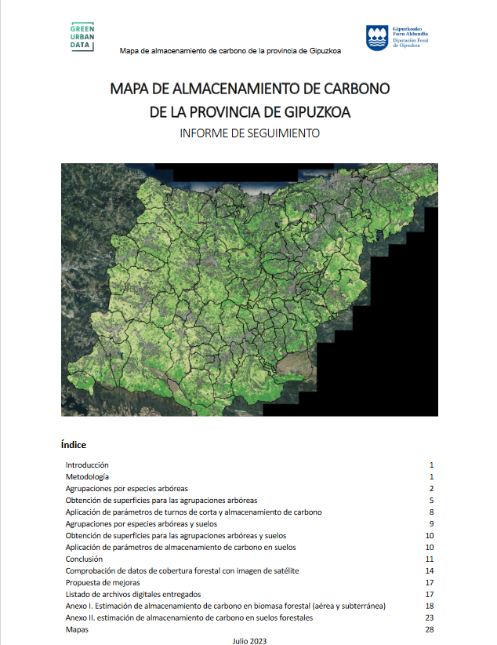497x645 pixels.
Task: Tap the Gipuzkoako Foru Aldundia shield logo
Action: point(375,37)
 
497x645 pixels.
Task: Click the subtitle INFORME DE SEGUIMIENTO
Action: point(249,133)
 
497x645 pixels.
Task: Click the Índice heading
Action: point(73,444)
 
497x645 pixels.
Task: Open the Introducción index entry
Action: point(87,465)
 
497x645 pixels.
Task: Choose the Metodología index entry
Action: point(87,477)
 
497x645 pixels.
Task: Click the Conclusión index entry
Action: point(84,559)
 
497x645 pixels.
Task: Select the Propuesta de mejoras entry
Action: point(103,583)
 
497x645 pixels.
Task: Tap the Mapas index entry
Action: point(77,629)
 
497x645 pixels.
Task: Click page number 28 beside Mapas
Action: point(429,629)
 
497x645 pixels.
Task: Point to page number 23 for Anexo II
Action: point(429,618)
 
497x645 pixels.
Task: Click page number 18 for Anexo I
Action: point(429,606)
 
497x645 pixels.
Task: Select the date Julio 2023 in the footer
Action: point(250,640)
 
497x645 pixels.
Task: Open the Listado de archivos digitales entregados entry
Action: point(133,594)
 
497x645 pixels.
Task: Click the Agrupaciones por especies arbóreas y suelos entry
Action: point(141,523)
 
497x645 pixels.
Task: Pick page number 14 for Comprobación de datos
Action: point(429,570)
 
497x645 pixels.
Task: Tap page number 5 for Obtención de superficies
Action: point(431,500)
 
